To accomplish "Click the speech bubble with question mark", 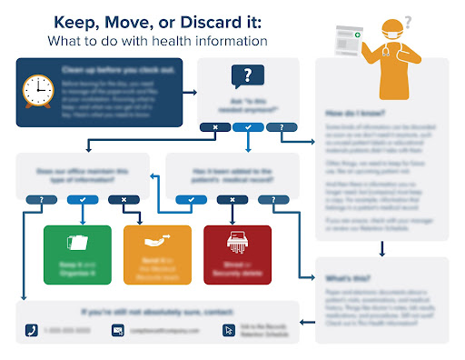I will click(x=248, y=76).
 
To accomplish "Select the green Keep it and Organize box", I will click(x=77, y=250).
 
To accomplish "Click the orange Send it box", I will click(x=157, y=250).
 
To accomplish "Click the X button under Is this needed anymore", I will click(x=214, y=126).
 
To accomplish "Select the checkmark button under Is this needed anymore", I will click(x=248, y=126).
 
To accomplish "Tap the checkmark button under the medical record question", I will click(x=191, y=199).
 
